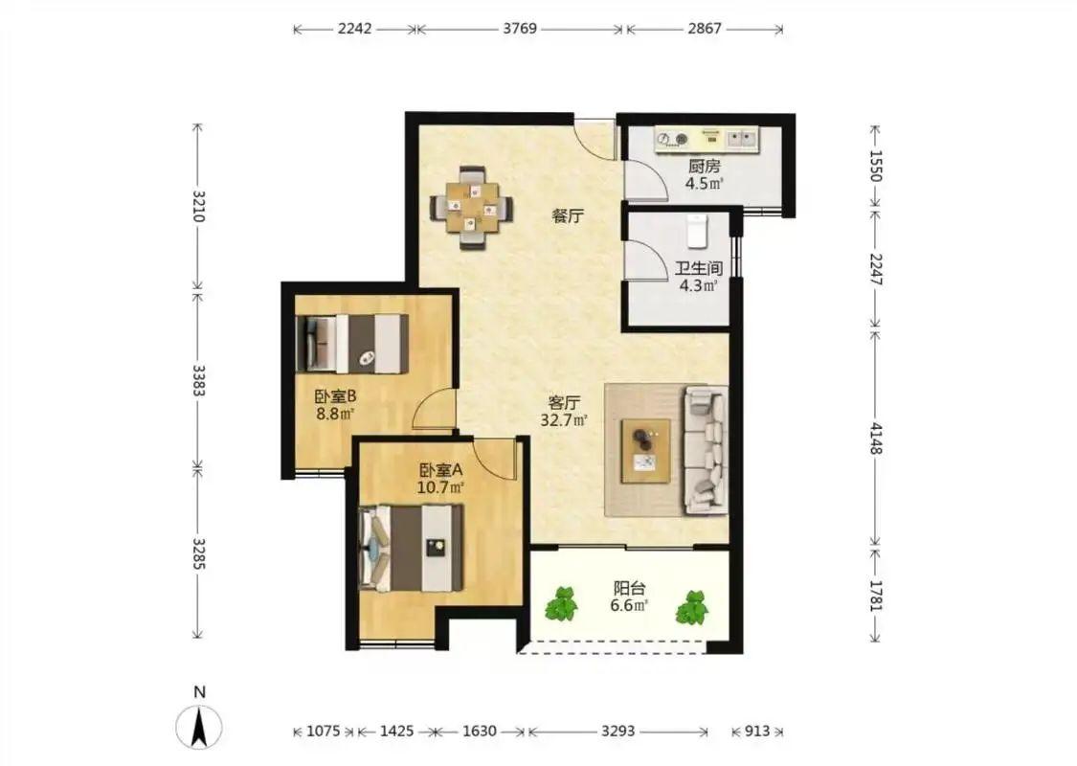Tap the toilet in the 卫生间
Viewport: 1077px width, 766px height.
(x=697, y=231)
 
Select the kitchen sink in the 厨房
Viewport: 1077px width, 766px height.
(x=742, y=140)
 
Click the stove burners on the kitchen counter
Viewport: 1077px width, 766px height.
(x=672, y=140)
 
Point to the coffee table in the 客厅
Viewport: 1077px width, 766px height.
(x=645, y=451)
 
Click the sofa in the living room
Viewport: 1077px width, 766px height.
(x=705, y=450)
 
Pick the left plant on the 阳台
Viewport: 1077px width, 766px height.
(x=562, y=604)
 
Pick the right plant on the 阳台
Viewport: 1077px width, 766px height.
(x=691, y=607)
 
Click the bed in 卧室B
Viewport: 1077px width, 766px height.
(x=351, y=344)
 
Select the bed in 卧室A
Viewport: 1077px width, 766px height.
(x=411, y=549)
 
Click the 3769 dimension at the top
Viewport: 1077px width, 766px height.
(x=520, y=29)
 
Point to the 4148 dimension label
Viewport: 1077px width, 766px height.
(x=875, y=438)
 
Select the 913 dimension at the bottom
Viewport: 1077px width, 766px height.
(x=757, y=732)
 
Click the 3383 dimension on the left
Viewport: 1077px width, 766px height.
(x=198, y=380)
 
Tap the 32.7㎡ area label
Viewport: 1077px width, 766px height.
(x=563, y=420)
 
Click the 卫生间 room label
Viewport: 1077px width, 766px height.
(x=698, y=268)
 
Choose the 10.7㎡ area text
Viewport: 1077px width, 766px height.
(x=440, y=487)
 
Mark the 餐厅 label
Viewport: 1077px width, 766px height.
(x=568, y=216)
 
